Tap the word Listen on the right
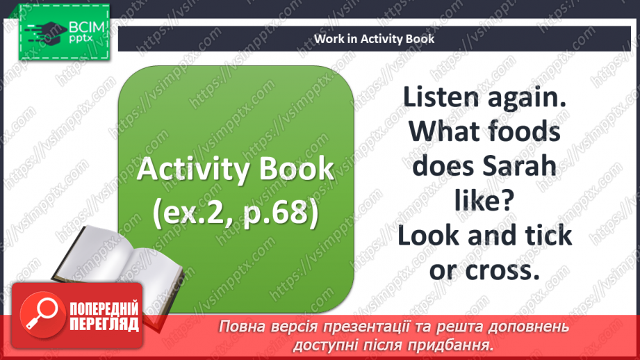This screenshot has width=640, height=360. click(x=443, y=97)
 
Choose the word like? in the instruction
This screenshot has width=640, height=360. click(x=484, y=202)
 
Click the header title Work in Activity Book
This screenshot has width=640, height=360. click(x=374, y=39)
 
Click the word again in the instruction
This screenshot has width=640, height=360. click(x=528, y=97)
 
